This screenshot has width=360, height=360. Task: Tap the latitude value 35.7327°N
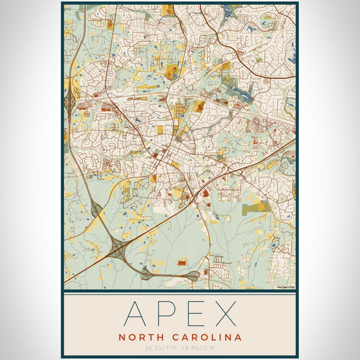point(161,348)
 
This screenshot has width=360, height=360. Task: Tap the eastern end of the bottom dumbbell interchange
point(193,275)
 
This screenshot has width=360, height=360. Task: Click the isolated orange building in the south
point(182,262)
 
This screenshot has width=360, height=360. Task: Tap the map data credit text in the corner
point(285,287)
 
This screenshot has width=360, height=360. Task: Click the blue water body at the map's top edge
point(230,10)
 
